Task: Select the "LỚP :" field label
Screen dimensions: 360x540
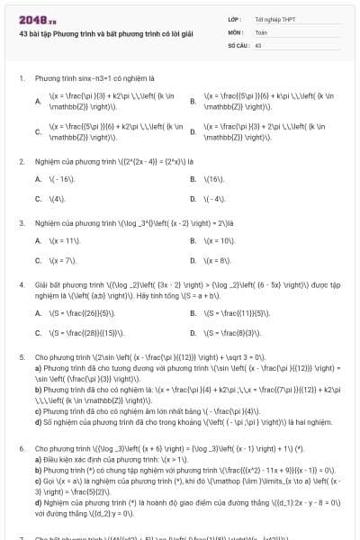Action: (234, 19)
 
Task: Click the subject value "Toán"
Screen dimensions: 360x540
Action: (261, 31)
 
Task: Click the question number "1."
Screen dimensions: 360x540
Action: (21, 78)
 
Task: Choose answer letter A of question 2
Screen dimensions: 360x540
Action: (38, 179)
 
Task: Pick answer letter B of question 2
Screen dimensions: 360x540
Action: (193, 179)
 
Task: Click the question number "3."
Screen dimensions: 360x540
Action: (21, 221)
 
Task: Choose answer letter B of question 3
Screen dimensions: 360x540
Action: (193, 240)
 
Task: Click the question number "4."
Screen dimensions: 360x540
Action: (21, 283)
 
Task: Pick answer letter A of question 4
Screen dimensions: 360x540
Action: (38, 312)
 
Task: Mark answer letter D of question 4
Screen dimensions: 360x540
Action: (193, 331)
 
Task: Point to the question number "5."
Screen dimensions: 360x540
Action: (21, 356)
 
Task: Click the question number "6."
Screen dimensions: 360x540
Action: (21, 447)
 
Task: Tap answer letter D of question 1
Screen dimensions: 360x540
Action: (193, 132)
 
